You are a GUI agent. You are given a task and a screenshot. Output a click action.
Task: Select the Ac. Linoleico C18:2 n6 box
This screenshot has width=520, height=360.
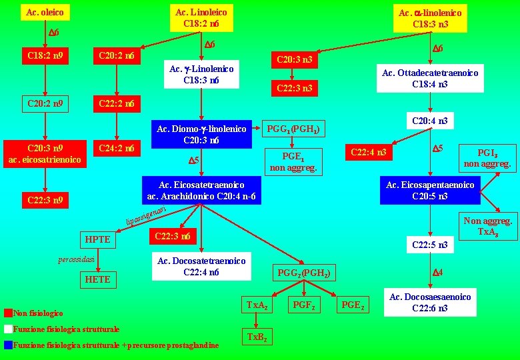tap(201, 18)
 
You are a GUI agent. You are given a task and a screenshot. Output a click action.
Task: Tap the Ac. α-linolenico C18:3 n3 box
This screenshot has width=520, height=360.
tap(430, 19)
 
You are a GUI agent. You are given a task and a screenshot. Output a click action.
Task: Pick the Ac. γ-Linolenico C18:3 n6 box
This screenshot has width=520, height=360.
tap(201, 75)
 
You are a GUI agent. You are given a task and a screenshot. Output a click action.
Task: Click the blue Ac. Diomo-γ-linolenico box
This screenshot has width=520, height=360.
tap(201, 135)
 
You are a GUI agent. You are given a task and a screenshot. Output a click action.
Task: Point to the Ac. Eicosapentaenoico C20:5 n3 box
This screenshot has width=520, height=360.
tap(430, 191)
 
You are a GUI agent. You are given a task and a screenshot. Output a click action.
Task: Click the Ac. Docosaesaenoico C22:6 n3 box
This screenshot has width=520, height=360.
tap(430, 302)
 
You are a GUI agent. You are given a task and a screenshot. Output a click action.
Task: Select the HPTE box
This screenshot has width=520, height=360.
tap(97, 239)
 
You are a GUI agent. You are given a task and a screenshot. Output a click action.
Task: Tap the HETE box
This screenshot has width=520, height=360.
tap(97, 279)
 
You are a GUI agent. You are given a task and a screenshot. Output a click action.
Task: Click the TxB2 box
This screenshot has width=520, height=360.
tap(257, 337)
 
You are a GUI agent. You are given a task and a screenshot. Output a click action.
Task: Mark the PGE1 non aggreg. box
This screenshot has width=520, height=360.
tap(294, 161)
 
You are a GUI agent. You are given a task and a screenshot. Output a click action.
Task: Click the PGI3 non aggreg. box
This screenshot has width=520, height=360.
tap(487, 158)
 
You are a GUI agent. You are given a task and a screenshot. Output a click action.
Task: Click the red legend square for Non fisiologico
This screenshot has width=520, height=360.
tap(7, 313)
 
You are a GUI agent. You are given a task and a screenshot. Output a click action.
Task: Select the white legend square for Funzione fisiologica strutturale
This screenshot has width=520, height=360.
tap(7, 329)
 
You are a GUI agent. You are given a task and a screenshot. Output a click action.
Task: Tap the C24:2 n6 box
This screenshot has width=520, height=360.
tap(116, 148)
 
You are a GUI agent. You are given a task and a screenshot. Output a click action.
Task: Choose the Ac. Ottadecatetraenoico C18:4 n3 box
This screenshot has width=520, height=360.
tap(430, 79)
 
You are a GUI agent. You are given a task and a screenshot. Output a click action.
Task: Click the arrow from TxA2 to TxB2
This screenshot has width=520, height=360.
tap(257, 319)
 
